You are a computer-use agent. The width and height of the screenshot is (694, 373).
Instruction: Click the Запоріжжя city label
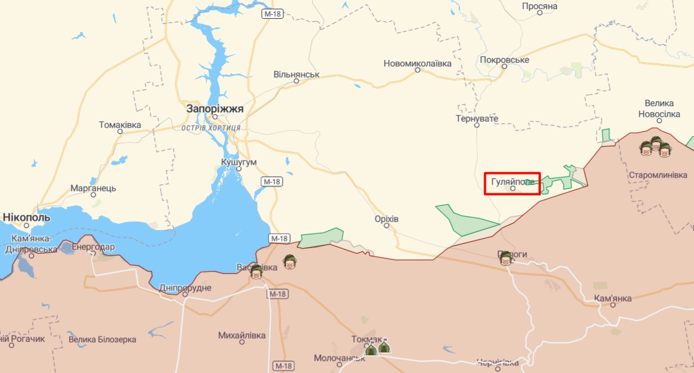(214, 108)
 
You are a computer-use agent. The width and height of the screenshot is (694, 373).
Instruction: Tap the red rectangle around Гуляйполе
(512, 184)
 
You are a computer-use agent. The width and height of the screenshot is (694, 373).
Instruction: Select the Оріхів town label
(387, 219)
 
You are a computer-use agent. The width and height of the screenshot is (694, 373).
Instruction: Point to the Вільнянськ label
(297, 74)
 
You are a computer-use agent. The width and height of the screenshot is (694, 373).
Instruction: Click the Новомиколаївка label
(417, 63)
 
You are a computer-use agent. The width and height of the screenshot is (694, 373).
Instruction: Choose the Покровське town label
(505, 60)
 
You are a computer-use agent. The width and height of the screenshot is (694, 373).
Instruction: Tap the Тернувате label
(477, 119)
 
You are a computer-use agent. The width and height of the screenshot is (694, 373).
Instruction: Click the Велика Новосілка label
(659, 108)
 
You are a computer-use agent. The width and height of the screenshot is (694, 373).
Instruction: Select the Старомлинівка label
(658, 175)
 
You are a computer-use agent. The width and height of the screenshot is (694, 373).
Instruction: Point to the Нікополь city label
(26, 217)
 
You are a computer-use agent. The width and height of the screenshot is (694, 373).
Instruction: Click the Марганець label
(93, 188)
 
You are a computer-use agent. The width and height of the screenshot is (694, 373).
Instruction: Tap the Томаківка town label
(120, 124)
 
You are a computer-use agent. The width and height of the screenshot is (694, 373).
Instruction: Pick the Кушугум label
(239, 162)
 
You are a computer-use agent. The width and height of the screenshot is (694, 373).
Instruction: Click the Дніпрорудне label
(185, 287)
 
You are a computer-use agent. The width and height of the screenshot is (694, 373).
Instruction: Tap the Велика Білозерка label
(102, 339)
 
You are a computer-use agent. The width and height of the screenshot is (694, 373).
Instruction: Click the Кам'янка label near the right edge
(612, 298)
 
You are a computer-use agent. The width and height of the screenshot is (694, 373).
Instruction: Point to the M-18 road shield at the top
(273, 14)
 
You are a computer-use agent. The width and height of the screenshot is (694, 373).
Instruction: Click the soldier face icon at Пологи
(505, 258)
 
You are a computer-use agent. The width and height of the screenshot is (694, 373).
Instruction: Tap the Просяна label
(539, 6)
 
